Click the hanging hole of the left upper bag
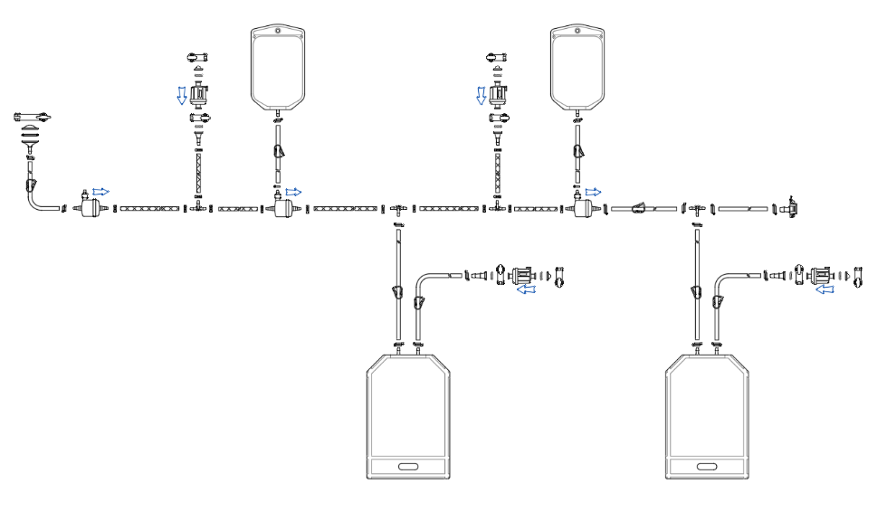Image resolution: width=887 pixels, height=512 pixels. pyautogui.click(x=277, y=30)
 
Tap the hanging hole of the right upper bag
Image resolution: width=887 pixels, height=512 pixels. pyautogui.click(x=579, y=30)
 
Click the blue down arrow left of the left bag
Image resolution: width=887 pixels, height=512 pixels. pyautogui.click(x=182, y=94)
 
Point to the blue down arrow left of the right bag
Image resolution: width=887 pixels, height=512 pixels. pyautogui.click(x=482, y=94)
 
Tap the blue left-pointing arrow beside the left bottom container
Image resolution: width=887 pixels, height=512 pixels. pyautogui.click(x=524, y=289)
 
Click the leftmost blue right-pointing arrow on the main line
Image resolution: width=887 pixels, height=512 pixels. pyautogui.click(x=101, y=192)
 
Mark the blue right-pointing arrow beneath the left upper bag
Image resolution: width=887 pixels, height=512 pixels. pyautogui.click(x=294, y=192)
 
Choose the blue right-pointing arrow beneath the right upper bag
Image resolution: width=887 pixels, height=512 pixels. pyautogui.click(x=594, y=192)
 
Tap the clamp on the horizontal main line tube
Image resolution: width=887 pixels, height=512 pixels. pyautogui.click(x=638, y=208)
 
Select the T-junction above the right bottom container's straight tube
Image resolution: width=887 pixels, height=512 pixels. pyautogui.click(x=696, y=209)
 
